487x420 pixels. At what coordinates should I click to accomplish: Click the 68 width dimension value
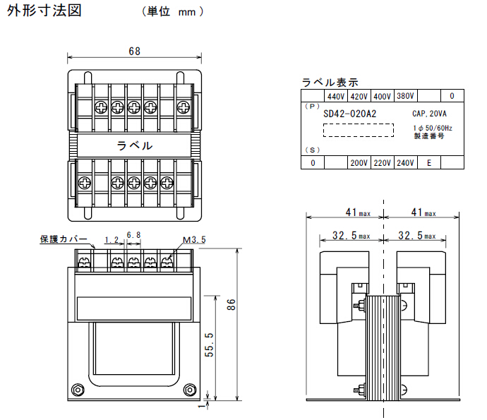click(134, 51)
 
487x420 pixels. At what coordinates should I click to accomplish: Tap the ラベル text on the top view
click(133, 145)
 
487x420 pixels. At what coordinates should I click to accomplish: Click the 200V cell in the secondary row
click(359, 163)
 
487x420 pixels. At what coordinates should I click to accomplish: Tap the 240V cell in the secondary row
click(405, 163)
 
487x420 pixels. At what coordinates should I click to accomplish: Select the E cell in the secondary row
click(429, 163)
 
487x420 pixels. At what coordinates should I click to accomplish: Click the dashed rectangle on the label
click(358, 130)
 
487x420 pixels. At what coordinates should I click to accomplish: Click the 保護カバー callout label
click(64, 240)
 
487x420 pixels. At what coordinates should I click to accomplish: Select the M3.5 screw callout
click(193, 240)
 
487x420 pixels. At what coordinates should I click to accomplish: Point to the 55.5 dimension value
click(209, 346)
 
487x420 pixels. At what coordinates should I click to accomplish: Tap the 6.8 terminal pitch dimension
click(133, 234)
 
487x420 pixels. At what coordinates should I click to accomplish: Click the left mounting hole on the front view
click(78, 389)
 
